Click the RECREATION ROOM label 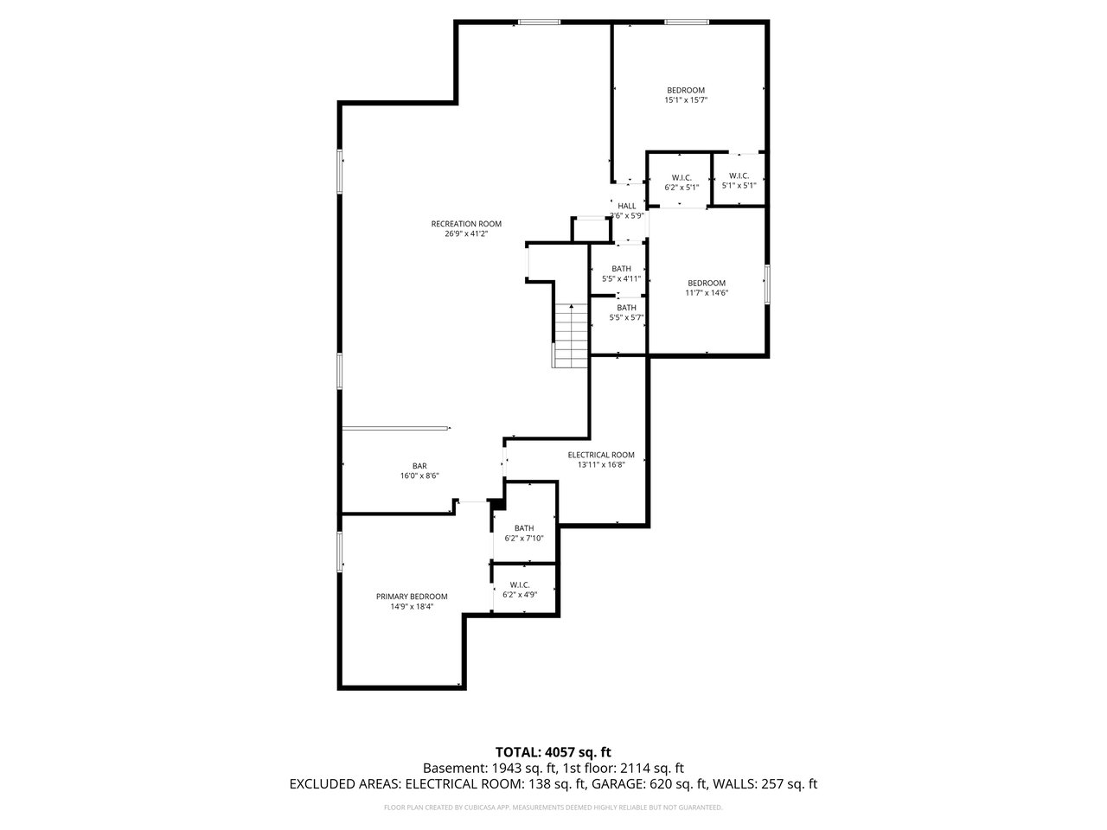tap(466, 224)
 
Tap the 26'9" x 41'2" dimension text tap(466, 233)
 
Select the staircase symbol tap(571, 335)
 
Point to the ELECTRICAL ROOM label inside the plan tap(601, 455)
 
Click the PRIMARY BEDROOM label tap(412, 597)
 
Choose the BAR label tap(419, 466)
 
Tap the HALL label tap(626, 206)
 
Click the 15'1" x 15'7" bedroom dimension tap(685, 100)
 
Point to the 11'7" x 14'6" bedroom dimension tap(706, 293)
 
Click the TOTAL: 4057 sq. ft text tap(553, 752)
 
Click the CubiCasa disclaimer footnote tap(553, 808)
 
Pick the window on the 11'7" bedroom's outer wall tap(767, 284)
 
